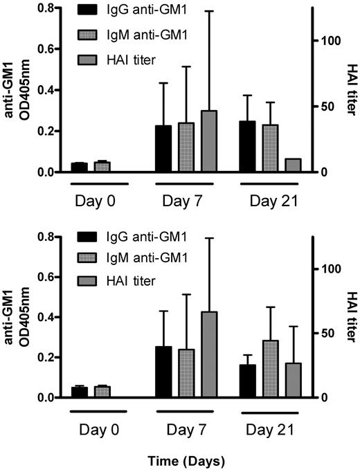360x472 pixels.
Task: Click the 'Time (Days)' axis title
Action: (185, 459)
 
